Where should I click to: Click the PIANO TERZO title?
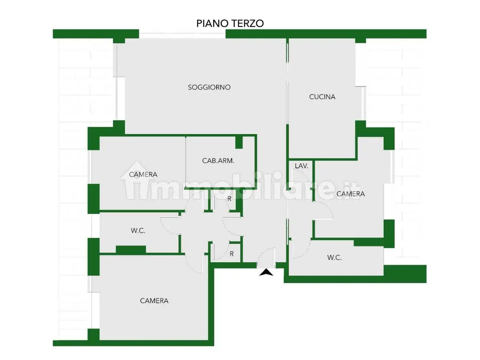click(x=230, y=23)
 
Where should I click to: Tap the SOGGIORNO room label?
click(x=209, y=87)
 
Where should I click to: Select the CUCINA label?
click(x=322, y=97)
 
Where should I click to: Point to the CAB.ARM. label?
click(x=218, y=161)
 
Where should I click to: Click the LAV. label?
click(x=301, y=166)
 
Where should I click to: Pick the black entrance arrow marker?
click(x=266, y=273)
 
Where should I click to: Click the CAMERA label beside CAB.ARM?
click(x=143, y=175)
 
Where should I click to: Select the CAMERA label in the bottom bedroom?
click(x=154, y=301)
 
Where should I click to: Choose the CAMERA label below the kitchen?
click(x=351, y=194)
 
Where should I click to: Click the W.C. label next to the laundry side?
click(x=335, y=257)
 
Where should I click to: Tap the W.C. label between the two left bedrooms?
click(x=138, y=230)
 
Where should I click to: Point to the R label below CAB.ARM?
click(x=230, y=199)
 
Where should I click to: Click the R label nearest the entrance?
click(x=232, y=254)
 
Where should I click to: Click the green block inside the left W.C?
click(x=131, y=250)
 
